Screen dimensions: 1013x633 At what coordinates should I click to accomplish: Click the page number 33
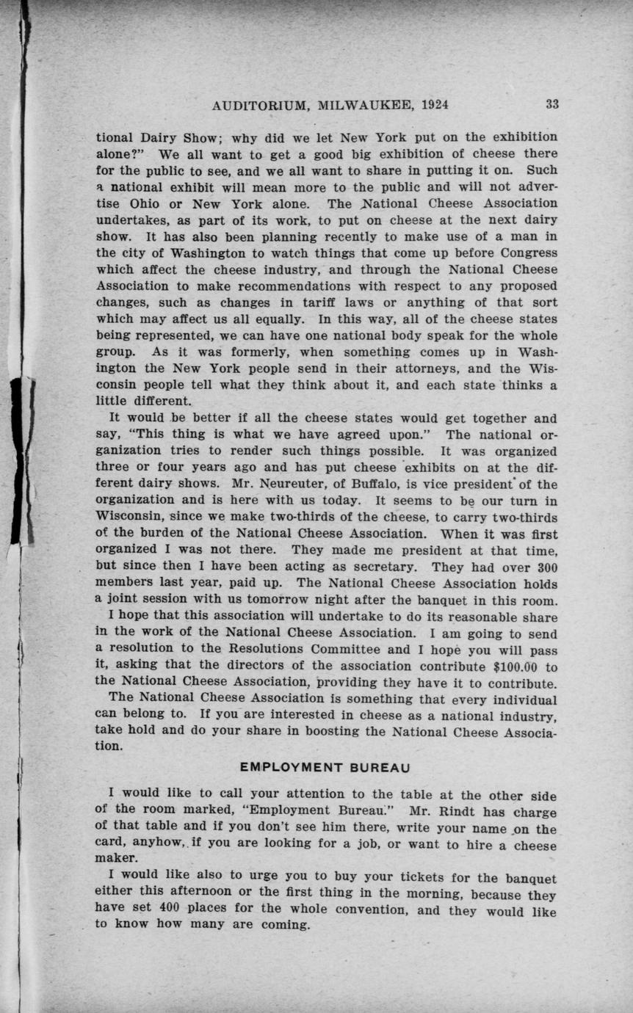551,104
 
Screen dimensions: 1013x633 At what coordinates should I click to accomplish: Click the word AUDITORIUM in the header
261,105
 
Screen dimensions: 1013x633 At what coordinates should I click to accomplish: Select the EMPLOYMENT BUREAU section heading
324,768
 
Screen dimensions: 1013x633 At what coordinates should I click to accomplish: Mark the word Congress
524,253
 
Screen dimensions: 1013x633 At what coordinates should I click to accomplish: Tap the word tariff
299,302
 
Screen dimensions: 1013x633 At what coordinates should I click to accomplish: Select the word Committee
345,650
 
